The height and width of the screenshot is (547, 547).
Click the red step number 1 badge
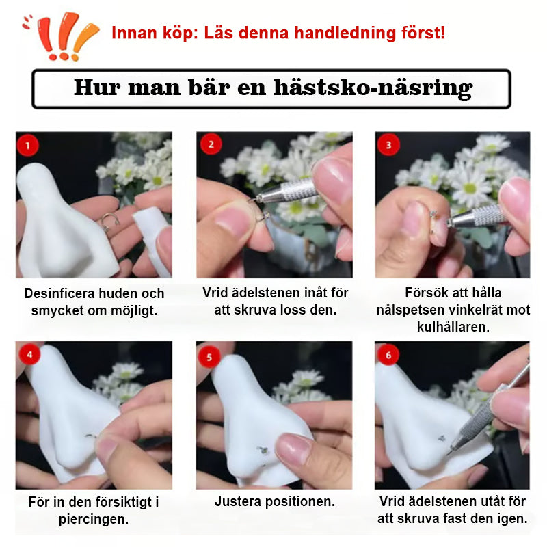[27, 145]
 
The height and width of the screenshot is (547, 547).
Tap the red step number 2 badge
[211, 144]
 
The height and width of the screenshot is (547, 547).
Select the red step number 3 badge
[388, 144]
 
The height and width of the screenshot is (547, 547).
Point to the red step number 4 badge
[29, 354]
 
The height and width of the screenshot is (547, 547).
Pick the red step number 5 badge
[209, 357]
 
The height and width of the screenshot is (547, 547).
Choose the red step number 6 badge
[388, 355]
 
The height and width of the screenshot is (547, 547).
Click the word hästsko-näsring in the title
[373, 88]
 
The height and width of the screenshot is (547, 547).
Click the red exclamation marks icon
[61, 37]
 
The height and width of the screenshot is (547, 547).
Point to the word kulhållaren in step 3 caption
[453, 327]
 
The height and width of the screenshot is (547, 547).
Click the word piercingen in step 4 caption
[94, 520]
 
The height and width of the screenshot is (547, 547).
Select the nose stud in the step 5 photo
[263, 451]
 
